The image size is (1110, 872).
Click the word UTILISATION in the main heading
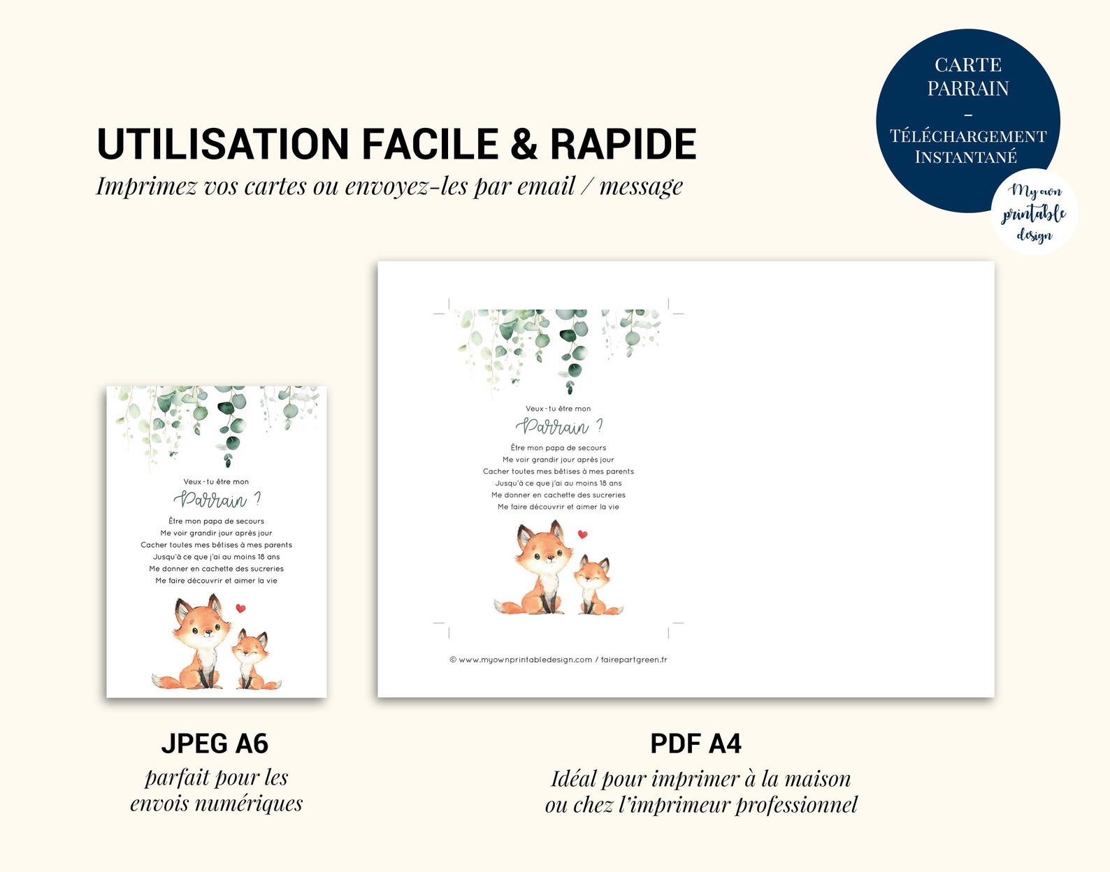click(x=223, y=144)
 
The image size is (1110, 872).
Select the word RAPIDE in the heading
click(x=624, y=144)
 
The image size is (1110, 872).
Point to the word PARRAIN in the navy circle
click(x=968, y=88)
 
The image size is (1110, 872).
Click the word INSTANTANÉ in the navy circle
click(x=965, y=157)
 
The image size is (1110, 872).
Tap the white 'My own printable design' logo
click(x=1034, y=212)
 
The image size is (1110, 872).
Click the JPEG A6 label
click(x=215, y=743)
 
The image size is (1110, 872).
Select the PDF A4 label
click(x=695, y=743)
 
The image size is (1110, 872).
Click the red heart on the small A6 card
click(x=240, y=608)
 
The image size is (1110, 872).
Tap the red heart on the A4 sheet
click(x=582, y=535)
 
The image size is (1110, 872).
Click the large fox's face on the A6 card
click(x=202, y=626)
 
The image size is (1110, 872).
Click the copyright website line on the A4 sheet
click(x=558, y=660)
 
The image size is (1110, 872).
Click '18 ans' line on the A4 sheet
click(x=558, y=483)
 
